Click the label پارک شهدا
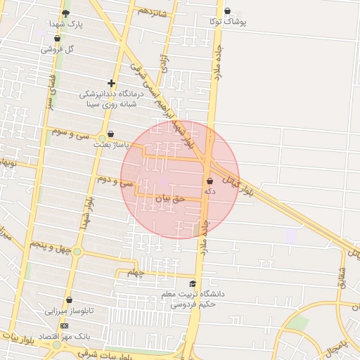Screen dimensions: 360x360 coord(65,24)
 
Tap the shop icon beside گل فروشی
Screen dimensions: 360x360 coord(57,39)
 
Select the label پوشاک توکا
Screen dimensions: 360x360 coord(227,22)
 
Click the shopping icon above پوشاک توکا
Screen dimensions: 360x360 coord(227,11)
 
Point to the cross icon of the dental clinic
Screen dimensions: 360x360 coord(111,84)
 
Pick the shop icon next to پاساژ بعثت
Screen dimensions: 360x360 coord(111,134)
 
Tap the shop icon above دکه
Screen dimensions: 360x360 coord(210,181)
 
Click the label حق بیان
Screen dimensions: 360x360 coord(169,198)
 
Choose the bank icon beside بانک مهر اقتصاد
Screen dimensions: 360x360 coord(65,326)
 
